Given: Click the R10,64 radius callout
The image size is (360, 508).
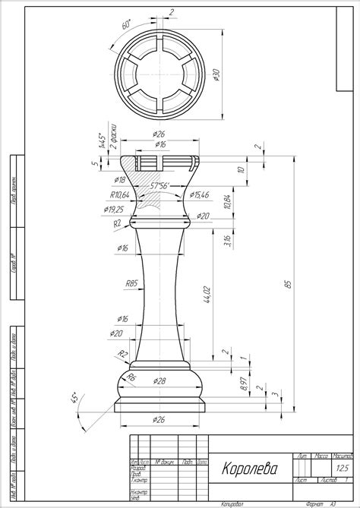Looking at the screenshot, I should pos(114,195).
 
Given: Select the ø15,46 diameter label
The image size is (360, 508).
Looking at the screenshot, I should pos(201,195).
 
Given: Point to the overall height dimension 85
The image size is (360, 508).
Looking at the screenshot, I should pos(287,284).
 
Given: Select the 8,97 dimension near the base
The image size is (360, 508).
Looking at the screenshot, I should pos(242,385).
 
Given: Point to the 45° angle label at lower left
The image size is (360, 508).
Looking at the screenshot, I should pos(75,399).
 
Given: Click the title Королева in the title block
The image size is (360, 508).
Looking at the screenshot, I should pos(250,468).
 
